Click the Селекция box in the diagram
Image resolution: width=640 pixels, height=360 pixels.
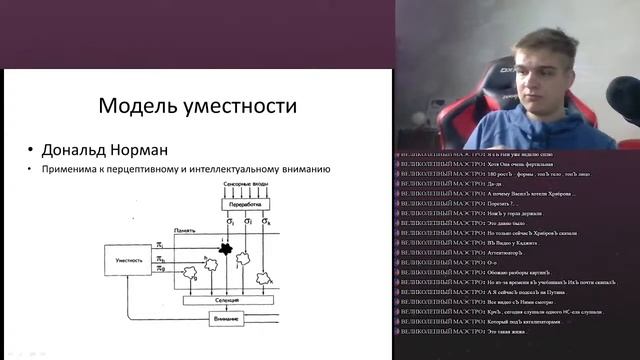235,300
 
